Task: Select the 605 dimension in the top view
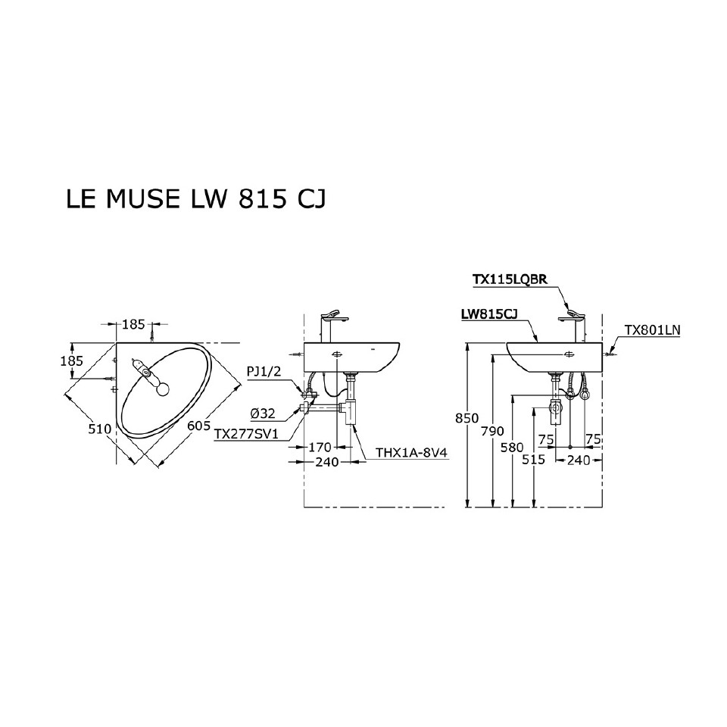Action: click(198, 426)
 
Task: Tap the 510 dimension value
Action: click(99, 429)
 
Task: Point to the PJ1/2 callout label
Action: click(263, 371)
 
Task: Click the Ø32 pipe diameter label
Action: click(262, 413)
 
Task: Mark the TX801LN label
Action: click(652, 330)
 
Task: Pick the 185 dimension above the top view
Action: click(133, 324)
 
